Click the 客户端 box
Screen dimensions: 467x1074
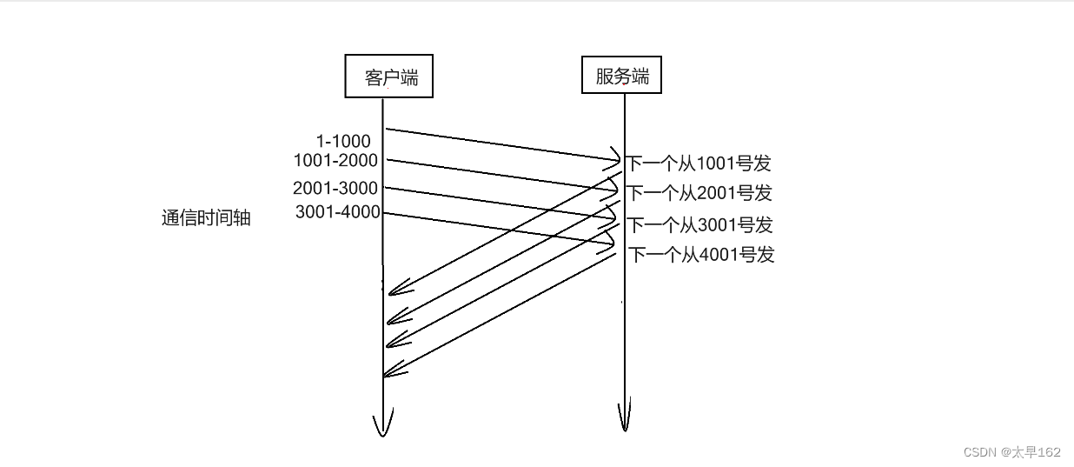click(x=388, y=77)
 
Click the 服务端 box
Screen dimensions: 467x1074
click(x=621, y=75)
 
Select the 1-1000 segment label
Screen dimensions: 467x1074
click(x=343, y=141)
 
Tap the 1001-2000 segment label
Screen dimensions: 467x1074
click(x=336, y=160)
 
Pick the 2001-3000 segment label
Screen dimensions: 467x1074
click(x=335, y=188)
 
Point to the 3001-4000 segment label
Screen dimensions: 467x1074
click(x=337, y=211)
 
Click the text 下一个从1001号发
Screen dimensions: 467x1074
click(x=699, y=163)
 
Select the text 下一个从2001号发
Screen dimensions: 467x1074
click(x=700, y=193)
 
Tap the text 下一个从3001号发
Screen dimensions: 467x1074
click(x=700, y=225)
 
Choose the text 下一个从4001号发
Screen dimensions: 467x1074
click(x=701, y=255)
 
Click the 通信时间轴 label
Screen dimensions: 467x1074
click(x=206, y=218)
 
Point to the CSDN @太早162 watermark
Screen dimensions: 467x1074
click(x=1012, y=452)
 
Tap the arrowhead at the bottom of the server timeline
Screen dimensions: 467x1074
click(x=624, y=421)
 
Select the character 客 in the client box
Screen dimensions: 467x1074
click(x=375, y=78)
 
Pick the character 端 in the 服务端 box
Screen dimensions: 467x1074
click(x=640, y=76)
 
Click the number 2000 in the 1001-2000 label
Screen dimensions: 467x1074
click(x=358, y=160)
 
